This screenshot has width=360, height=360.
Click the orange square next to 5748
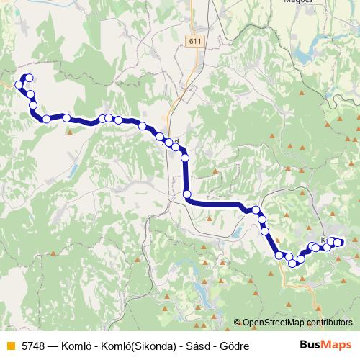(9, 346)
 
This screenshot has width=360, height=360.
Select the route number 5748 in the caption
(33, 346)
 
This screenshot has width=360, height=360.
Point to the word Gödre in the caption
(234, 346)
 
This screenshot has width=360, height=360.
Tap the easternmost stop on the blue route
(340, 242)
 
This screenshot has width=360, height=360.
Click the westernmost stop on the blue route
(20, 85)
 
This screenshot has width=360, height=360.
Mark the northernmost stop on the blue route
(28, 78)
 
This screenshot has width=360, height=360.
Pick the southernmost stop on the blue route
(292, 263)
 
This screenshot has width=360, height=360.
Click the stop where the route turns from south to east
(187, 194)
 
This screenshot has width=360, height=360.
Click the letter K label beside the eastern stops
(324, 240)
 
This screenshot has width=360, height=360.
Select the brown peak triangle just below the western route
(69, 131)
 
